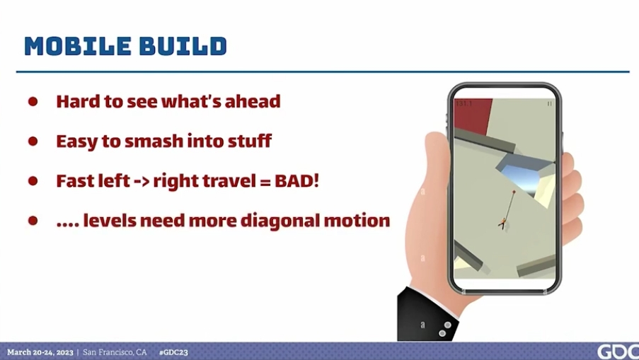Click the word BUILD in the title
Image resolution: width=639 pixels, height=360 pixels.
pos(183,46)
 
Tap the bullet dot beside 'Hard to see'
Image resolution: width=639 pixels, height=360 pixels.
pos(33,101)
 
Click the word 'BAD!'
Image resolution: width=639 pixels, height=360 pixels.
pos(297,181)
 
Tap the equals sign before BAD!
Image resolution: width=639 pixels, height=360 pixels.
pos(265,182)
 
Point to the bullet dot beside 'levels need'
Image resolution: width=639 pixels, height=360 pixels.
pos(33,221)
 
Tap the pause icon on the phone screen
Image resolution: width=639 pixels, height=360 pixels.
pos(549,104)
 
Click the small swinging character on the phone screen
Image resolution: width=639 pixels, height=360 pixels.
pos(503,223)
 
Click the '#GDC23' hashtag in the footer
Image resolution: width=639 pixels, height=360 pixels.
pos(173,352)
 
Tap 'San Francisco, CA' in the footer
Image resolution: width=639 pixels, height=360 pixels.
pos(115,352)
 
